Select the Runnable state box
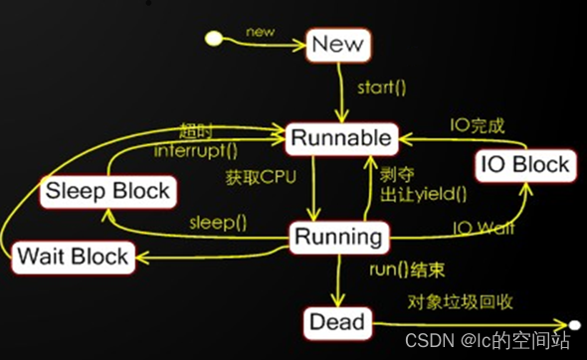[x=339, y=138]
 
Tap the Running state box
[x=339, y=237]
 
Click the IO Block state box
[x=525, y=164]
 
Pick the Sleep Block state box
[x=106, y=190]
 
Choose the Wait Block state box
[x=73, y=257]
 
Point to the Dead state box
[x=337, y=322]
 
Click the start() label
[x=382, y=88]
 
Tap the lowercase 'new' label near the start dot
[x=262, y=33]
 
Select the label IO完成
[x=479, y=125]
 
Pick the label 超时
[x=197, y=132]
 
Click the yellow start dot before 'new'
[x=212, y=39]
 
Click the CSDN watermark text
[x=491, y=341]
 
